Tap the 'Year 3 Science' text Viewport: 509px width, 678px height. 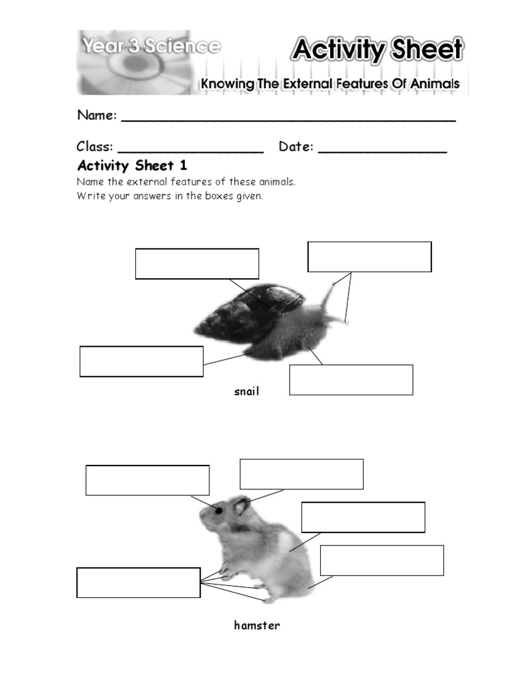[x=150, y=46]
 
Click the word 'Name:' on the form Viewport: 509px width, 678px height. [x=97, y=115]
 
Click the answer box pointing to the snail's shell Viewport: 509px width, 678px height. [x=197, y=264]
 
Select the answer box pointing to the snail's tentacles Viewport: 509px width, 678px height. [x=369, y=257]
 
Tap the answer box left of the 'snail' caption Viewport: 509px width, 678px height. [x=141, y=362]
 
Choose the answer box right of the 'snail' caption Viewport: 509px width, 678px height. [x=351, y=379]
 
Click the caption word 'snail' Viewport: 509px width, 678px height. [x=247, y=391]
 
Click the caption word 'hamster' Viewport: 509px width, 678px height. [x=256, y=625]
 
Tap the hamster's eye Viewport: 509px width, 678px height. [x=218, y=510]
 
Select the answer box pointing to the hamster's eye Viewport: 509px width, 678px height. [x=147, y=480]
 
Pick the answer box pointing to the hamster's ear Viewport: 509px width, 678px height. [x=301, y=474]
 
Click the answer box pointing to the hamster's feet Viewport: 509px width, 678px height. [x=139, y=583]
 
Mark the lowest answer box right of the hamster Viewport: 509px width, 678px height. [x=381, y=560]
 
